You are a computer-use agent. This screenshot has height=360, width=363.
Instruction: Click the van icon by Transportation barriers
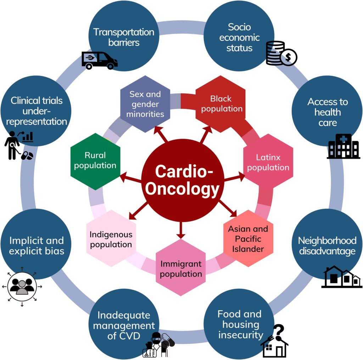coord(99,60)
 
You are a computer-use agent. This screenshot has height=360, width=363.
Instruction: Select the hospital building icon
coord(344,146)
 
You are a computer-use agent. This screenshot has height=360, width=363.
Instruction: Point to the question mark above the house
coord(279,331)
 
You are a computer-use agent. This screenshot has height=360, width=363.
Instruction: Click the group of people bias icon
coord(22,286)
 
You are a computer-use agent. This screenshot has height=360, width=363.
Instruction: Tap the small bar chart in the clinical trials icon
coord(28,137)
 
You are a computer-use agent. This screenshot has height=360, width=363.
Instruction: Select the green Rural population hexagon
coord(95,160)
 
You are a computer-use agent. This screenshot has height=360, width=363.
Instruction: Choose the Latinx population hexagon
coord(268,162)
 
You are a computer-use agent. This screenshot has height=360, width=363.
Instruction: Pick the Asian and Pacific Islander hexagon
coord(248,238)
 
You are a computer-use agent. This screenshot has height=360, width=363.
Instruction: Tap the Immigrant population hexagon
coord(181,268)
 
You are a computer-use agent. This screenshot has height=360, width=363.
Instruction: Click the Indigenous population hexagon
coord(111,239)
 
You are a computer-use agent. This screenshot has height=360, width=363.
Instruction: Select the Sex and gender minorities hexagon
coord(145,104)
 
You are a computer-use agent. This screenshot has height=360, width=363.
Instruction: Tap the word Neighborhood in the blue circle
coord(327,240)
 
